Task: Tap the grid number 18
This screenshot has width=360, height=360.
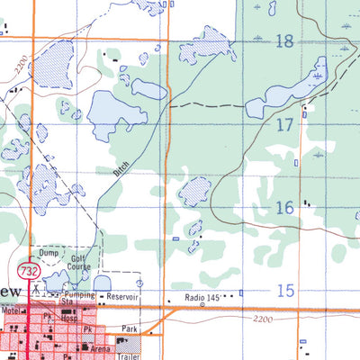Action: (x=286, y=41)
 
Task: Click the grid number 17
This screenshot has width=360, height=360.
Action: (x=285, y=125)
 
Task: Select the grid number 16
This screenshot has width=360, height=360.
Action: (x=285, y=208)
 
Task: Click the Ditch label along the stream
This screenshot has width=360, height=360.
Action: (x=121, y=166)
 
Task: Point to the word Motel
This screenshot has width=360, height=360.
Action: (x=11, y=310)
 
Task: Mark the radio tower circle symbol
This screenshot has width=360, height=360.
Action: (x=202, y=305)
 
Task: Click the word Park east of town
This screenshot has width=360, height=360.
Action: (x=130, y=329)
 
